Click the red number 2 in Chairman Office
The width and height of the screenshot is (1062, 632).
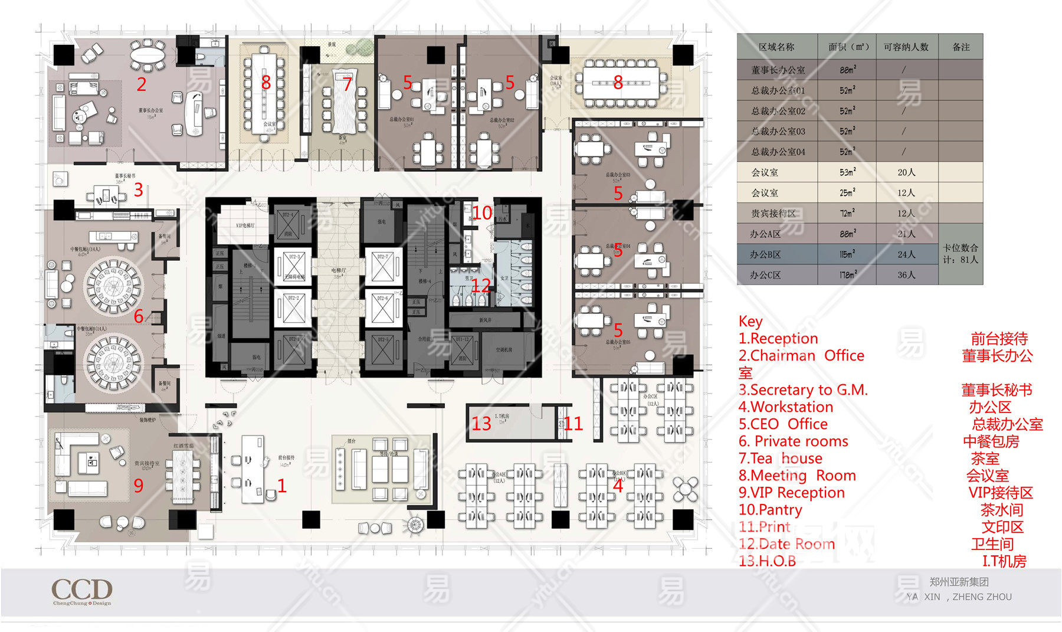pyautogui.click(x=142, y=84)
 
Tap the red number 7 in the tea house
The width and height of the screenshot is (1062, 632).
pyautogui.click(x=347, y=84)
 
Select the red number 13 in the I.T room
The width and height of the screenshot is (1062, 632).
pyautogui.click(x=481, y=424)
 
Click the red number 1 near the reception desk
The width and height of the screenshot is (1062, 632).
pyautogui.click(x=282, y=486)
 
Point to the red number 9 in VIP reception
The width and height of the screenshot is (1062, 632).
pyautogui.click(x=138, y=485)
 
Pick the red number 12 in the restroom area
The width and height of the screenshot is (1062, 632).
pyautogui.click(x=481, y=286)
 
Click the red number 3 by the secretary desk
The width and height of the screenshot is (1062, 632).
pyautogui.click(x=138, y=189)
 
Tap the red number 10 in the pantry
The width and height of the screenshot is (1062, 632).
pyautogui.click(x=482, y=213)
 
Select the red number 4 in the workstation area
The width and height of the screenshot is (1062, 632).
pyautogui.click(x=618, y=486)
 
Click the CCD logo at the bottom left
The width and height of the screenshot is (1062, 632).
pyautogui.click(x=82, y=590)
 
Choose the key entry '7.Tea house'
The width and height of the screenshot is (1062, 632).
pyautogui.click(x=780, y=459)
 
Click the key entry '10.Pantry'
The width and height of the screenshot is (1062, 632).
pyautogui.click(x=770, y=510)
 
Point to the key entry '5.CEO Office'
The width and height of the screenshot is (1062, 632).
pyautogui.click(x=782, y=424)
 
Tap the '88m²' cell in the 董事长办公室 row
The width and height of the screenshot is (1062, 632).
pyautogui.click(x=848, y=70)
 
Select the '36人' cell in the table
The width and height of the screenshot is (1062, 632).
pyautogui.click(x=906, y=275)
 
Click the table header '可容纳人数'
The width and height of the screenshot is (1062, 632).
pyautogui.click(x=906, y=47)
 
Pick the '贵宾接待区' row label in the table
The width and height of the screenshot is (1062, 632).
pyautogui.click(x=773, y=214)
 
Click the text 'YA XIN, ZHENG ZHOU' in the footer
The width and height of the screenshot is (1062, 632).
pyautogui.click(x=959, y=597)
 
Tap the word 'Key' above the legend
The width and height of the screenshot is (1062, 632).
pyautogui.click(x=750, y=322)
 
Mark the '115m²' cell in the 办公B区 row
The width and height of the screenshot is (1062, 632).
pyautogui.click(x=847, y=254)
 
